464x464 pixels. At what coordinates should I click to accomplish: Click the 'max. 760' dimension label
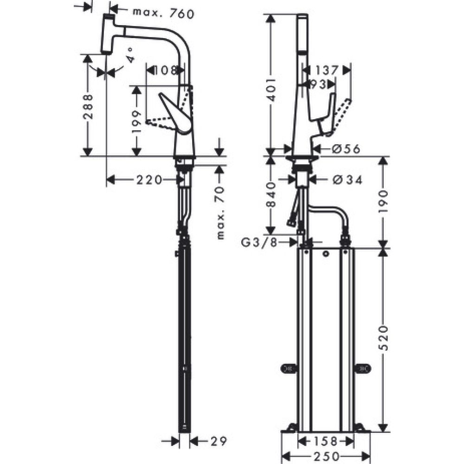pyautogui.click(x=156, y=13)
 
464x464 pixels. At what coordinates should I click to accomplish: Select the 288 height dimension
pyautogui.click(x=88, y=106)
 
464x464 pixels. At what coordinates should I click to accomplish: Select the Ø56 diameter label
pyautogui.click(x=341, y=148)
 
